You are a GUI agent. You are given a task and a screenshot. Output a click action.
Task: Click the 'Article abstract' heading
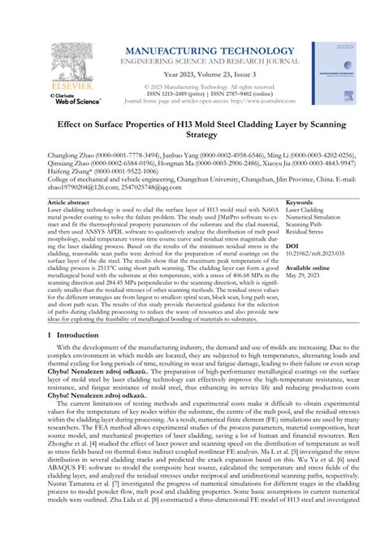pyautogui.click(x=68, y=201)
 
